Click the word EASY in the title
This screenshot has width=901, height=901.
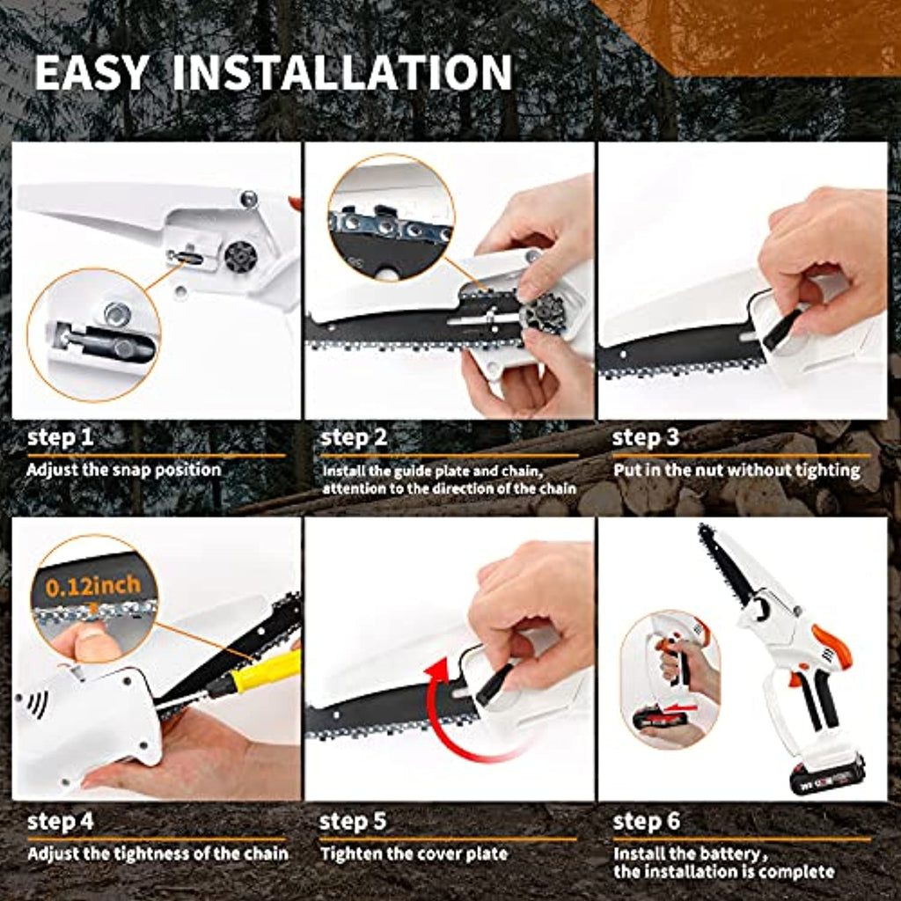(x=92, y=72)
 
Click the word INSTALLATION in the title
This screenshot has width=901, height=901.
(x=342, y=72)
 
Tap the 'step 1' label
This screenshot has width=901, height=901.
(x=61, y=438)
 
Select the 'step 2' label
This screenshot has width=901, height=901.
(x=354, y=438)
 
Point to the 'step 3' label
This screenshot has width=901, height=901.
(x=646, y=438)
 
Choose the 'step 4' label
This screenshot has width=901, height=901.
(x=61, y=822)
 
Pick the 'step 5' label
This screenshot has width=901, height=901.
(x=353, y=822)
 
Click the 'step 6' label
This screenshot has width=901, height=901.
(x=647, y=822)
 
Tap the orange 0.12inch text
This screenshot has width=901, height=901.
(x=93, y=586)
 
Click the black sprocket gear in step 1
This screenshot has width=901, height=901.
(x=240, y=257)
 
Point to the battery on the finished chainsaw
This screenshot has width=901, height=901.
(x=827, y=773)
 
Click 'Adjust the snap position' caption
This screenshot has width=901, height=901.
(x=124, y=470)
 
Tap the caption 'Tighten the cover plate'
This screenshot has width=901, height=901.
(x=414, y=853)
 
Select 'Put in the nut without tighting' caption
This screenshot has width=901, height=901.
(x=736, y=471)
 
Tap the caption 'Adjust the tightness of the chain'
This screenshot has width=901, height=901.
(x=157, y=853)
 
